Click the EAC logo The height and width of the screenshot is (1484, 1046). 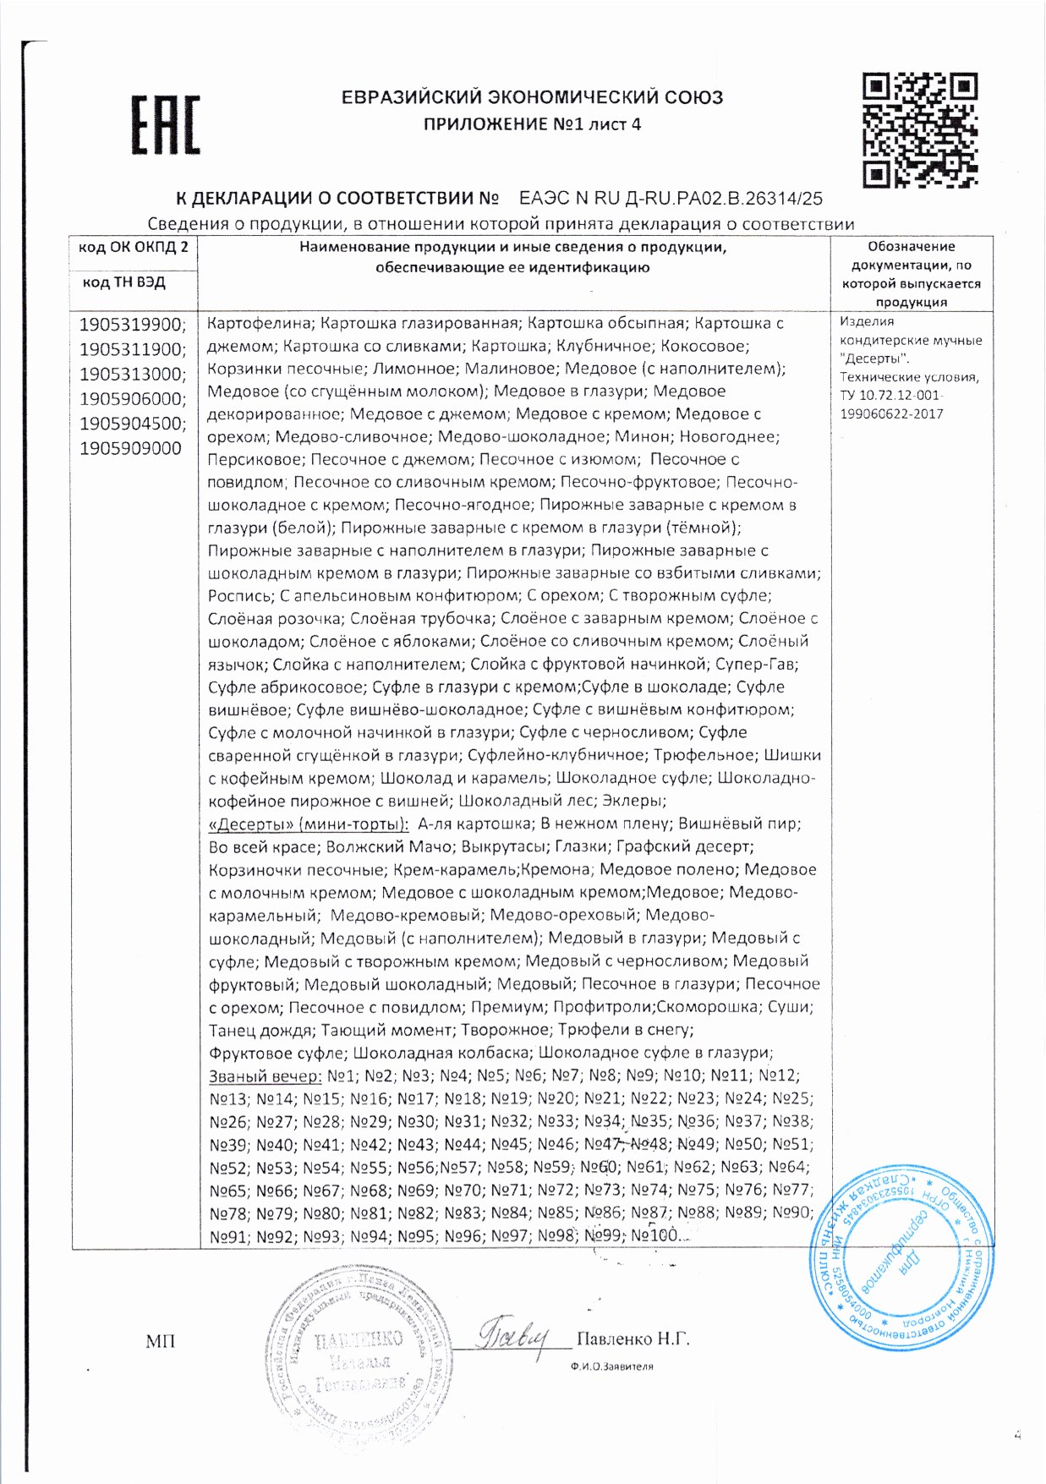point(166,124)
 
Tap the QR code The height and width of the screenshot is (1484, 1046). point(920,129)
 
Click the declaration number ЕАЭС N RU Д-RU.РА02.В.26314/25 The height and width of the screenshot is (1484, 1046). point(670,200)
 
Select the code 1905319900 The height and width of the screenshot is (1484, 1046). point(131,325)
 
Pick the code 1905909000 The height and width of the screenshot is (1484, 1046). point(130,448)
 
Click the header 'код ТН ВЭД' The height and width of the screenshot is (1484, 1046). point(123,282)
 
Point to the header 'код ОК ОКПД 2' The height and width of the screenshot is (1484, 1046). point(133,247)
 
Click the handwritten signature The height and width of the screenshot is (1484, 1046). point(513,1336)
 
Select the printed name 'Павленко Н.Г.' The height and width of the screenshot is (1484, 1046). point(633,1339)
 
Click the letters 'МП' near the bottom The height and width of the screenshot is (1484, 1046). point(160,1341)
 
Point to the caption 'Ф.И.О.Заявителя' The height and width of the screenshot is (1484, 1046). point(611,1366)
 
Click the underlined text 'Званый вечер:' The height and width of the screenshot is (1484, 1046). point(265,1076)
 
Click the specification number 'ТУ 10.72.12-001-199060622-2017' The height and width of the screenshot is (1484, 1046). point(892,404)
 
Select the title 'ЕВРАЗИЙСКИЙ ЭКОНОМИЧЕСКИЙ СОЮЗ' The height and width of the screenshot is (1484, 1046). point(532,97)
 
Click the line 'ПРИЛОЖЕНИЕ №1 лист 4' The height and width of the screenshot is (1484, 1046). point(532,124)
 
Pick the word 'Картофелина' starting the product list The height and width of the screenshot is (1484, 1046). point(260,323)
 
